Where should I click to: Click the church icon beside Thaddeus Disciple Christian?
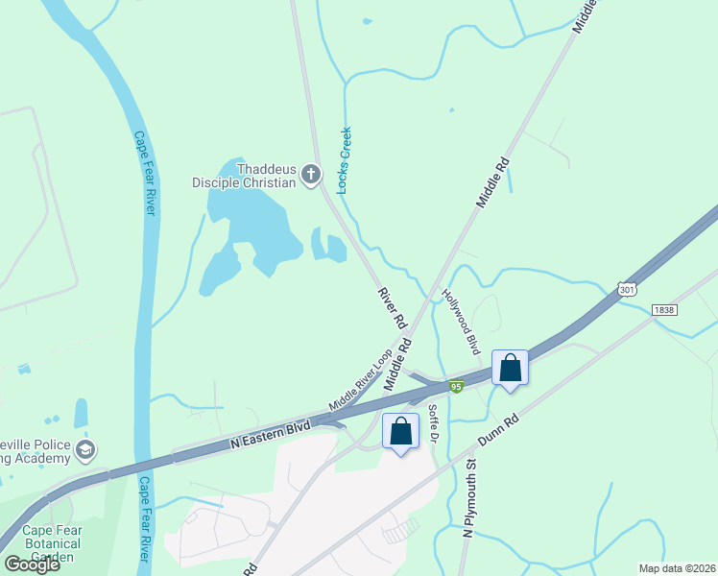point(310,174)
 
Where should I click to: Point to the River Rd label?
point(391,305)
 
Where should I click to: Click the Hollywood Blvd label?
point(461,322)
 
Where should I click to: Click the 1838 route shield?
point(663,310)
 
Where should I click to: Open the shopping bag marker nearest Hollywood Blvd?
point(511,368)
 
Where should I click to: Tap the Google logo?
point(32,564)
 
